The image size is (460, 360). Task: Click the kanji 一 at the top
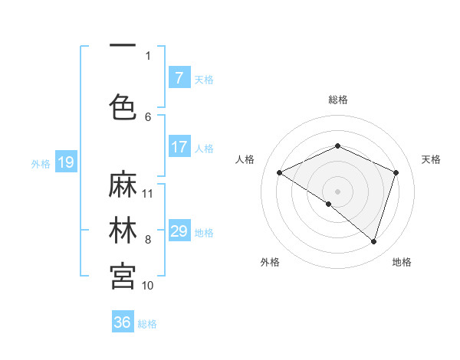(x=123, y=47)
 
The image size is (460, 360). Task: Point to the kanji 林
(x=123, y=231)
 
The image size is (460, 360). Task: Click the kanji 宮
(x=123, y=275)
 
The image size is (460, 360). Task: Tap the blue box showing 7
(x=179, y=78)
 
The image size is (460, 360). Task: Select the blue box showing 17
(x=179, y=147)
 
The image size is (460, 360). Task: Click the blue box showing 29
(x=179, y=231)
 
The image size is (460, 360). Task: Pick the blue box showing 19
(x=65, y=162)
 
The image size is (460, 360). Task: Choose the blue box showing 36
(x=123, y=322)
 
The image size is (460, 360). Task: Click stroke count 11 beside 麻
(x=148, y=193)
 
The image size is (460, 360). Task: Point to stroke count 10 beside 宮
(x=148, y=285)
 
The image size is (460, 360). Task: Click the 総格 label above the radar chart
(x=338, y=100)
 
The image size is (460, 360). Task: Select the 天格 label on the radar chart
(x=431, y=159)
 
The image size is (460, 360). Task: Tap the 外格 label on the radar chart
(x=270, y=262)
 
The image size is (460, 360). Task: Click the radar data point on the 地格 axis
(x=373, y=242)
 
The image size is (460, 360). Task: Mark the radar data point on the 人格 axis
(x=280, y=173)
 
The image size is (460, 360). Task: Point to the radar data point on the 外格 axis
(x=329, y=204)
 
